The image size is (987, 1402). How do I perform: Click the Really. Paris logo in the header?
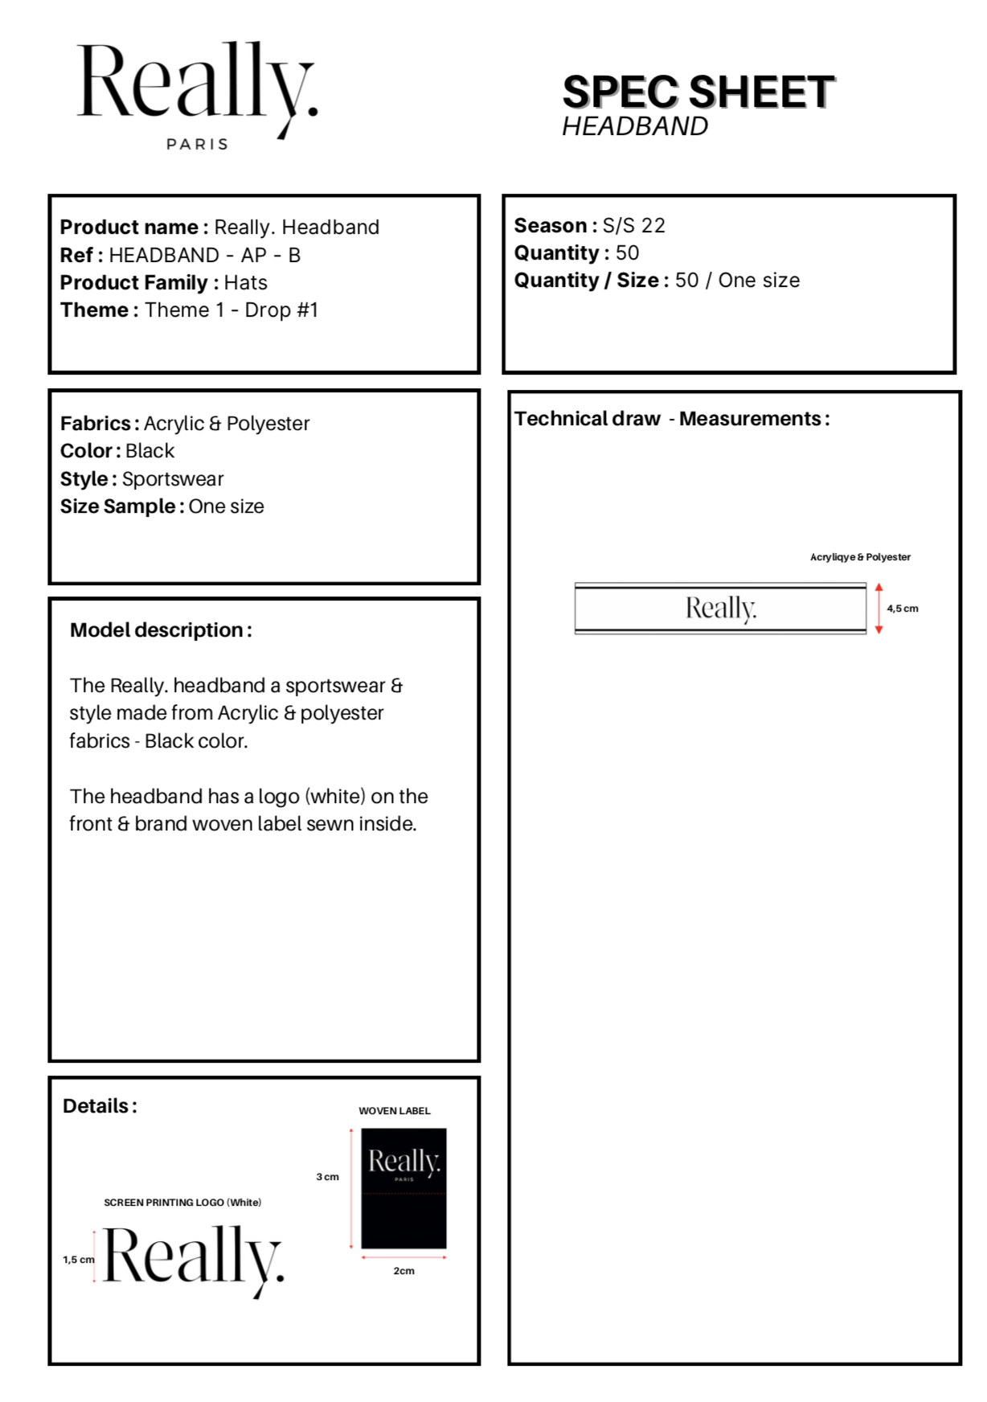pos(197,92)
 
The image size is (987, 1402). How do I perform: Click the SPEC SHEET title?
pos(698,92)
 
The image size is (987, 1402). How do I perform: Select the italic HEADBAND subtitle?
pos(635,126)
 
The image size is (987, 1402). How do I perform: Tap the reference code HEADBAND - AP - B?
pos(204,255)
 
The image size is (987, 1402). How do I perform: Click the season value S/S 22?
pos(633,225)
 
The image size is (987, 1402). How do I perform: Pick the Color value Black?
pos(149,450)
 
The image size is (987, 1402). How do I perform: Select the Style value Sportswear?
pos(172,478)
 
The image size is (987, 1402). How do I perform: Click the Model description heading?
pos(161,629)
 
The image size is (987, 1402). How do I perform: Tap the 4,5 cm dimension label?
pos(902,609)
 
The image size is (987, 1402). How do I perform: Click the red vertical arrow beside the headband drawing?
pos(878,609)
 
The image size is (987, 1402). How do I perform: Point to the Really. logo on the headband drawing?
pos(721,609)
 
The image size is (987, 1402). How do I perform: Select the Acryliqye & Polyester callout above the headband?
pos(860,556)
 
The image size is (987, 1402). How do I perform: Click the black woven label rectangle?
pos(403,1188)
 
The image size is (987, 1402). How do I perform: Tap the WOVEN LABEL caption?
pos(394,1110)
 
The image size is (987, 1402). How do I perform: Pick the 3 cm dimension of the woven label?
pos(327,1176)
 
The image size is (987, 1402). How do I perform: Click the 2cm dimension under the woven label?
pos(403,1270)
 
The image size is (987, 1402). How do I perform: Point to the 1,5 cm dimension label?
pos(78,1259)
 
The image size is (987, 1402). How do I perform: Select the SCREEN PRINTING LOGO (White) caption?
pos(182,1202)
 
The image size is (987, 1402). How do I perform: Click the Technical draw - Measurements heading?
pos(672,418)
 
